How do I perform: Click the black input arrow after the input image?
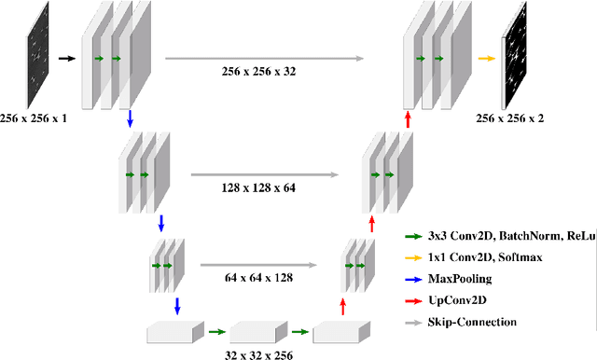[66, 58]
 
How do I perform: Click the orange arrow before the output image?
[485, 58]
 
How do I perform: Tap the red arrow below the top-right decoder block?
[408, 119]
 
